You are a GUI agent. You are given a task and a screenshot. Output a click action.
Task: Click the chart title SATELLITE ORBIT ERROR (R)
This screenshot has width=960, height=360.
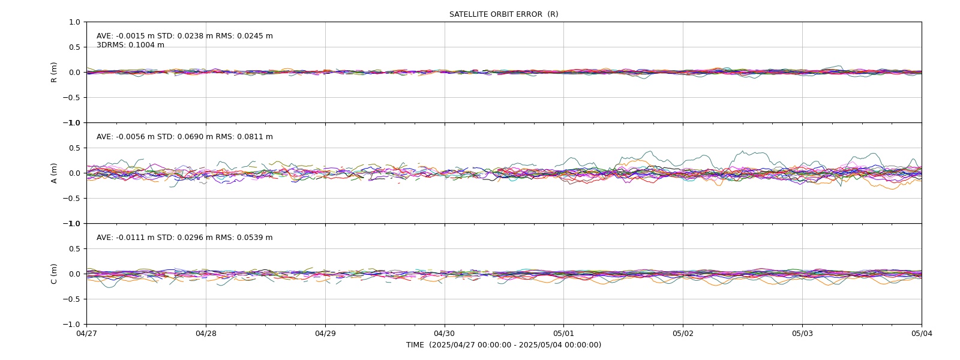coord(503,14)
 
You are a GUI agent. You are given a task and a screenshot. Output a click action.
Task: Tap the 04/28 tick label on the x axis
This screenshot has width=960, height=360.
coord(206,334)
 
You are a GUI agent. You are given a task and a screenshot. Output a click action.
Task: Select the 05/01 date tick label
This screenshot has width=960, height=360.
coord(563,334)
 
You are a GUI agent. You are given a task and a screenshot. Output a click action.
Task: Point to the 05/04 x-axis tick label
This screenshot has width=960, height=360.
coord(922,334)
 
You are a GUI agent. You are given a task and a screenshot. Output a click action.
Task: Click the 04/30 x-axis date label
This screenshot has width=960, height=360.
coord(445,334)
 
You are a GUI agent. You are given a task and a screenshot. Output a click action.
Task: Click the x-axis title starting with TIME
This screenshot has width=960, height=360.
coord(503,345)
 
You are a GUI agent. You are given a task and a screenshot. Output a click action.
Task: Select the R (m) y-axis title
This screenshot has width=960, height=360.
coord(53,73)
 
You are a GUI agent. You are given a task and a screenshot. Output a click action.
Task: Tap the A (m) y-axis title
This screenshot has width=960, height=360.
coord(53,173)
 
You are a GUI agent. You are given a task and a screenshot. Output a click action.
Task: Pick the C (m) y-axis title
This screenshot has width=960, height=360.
coord(53,274)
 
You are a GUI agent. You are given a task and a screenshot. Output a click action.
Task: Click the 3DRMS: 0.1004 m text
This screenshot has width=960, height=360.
coord(130,45)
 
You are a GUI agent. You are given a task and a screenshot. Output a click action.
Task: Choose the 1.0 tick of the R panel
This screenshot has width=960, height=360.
coord(74,22)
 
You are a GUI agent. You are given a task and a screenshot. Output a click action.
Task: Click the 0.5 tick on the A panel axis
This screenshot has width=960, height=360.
coord(74,148)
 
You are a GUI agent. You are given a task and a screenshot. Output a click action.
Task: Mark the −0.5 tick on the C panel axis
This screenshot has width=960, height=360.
coord(71,299)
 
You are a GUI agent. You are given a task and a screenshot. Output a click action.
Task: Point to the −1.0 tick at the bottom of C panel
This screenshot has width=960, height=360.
coord(71,325)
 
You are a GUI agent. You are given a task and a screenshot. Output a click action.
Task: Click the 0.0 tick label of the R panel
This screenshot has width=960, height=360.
coord(74,73)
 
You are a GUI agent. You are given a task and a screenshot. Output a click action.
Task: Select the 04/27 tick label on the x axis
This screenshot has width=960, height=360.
coord(86,334)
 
